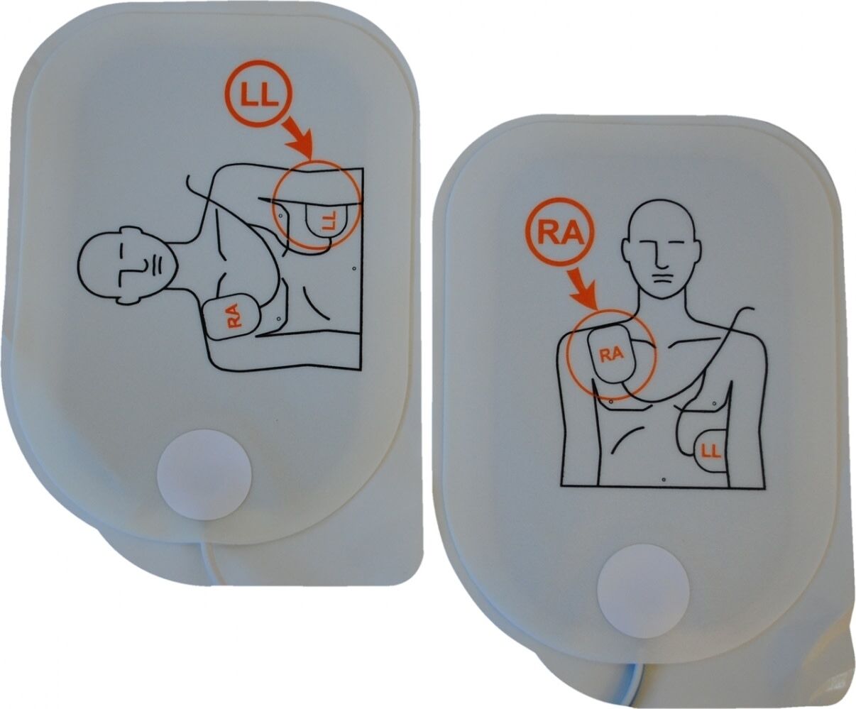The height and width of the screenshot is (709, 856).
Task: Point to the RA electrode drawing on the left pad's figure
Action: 234,317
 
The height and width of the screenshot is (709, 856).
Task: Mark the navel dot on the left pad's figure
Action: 353,268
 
